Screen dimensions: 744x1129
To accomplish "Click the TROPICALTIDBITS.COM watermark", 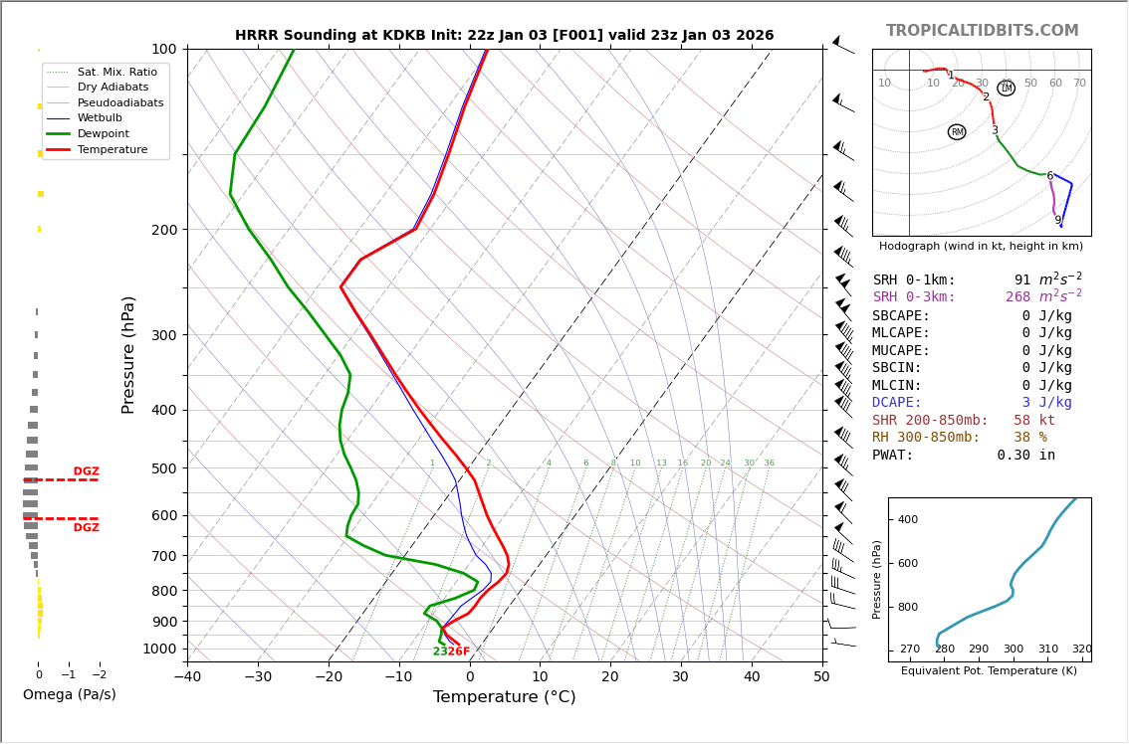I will (x=982, y=31).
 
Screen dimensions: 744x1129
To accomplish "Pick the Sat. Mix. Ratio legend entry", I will (x=116, y=72).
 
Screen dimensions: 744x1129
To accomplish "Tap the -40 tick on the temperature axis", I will (x=187, y=677).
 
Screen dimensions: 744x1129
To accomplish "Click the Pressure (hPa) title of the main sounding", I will (x=128, y=354).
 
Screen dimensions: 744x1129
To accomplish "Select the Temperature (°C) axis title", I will (x=504, y=697).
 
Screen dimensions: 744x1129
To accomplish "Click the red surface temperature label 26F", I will (x=458, y=652).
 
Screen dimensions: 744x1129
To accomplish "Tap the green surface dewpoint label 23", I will (x=439, y=652).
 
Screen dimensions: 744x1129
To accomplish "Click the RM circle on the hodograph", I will (x=957, y=132).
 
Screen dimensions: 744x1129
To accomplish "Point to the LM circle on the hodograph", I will (x=1006, y=89).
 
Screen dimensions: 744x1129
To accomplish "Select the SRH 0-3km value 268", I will (x=1017, y=297).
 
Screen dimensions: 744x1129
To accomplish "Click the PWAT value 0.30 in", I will (x=1025, y=456).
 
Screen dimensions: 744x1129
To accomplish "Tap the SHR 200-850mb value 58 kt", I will (x=1033, y=421).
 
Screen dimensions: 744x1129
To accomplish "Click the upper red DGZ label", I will (x=86, y=471).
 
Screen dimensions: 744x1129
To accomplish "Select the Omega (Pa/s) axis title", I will (x=69, y=694).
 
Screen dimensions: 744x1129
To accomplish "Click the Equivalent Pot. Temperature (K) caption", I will (x=989, y=670).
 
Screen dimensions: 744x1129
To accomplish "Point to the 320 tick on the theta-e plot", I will (x=1081, y=650).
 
